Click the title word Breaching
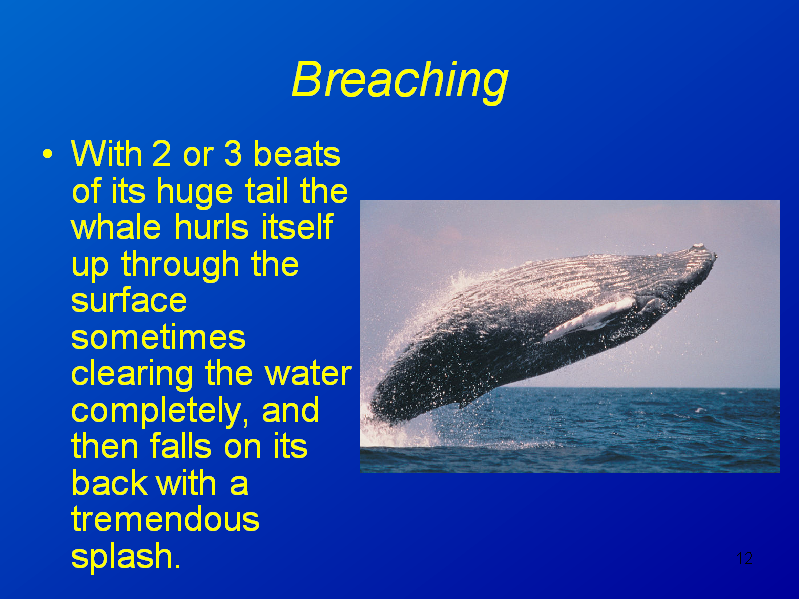click(400, 80)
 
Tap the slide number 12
click(744, 558)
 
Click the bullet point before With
click(47, 154)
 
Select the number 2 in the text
click(161, 154)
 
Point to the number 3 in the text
click(233, 154)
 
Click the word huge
click(195, 193)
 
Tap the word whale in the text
click(116, 227)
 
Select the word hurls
click(211, 227)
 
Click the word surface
click(129, 301)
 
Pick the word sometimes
click(159, 338)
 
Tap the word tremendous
click(165, 520)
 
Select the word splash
click(126, 558)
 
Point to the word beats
click(297, 154)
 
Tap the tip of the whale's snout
click(714, 255)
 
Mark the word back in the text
click(109, 483)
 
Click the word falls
click(181, 446)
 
